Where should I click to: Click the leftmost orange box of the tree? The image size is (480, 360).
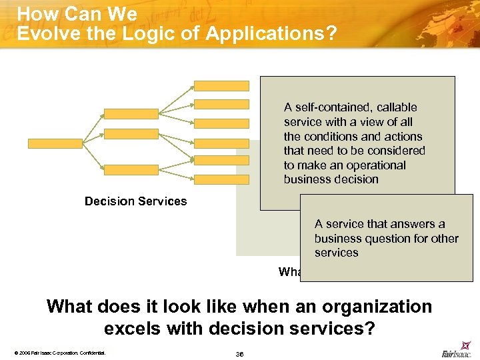click(x=55, y=143)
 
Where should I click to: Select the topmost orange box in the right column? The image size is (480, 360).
click(x=221, y=85)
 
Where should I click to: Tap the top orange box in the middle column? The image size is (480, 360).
click(x=131, y=114)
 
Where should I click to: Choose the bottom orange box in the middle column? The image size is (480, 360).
click(x=131, y=171)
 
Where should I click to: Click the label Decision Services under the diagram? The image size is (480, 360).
click(x=136, y=201)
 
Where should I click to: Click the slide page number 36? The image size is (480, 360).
click(x=239, y=354)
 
